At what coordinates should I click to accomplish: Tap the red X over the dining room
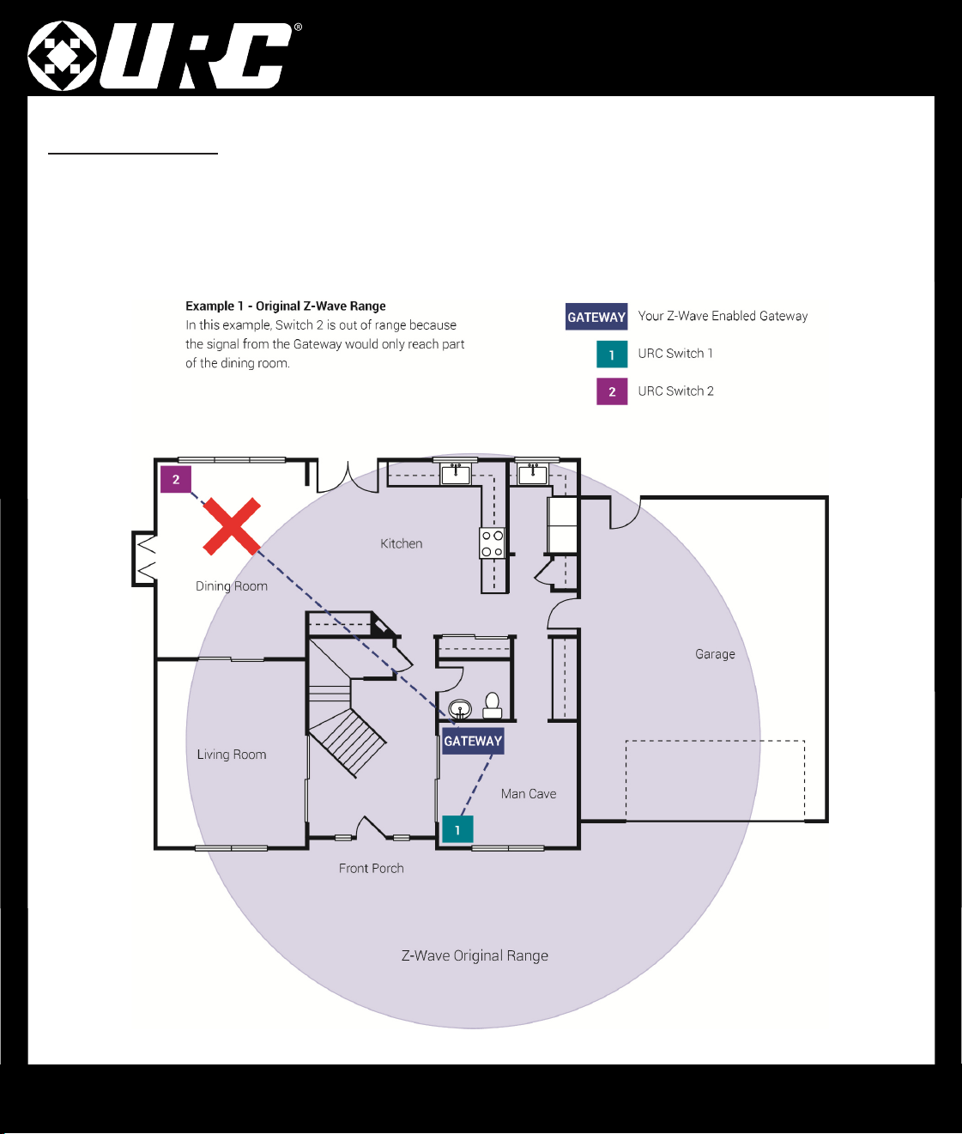click(x=232, y=527)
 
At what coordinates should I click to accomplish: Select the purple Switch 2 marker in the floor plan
click(x=176, y=480)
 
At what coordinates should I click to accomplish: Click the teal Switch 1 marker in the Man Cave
click(x=457, y=829)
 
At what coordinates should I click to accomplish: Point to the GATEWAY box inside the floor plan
click(x=473, y=741)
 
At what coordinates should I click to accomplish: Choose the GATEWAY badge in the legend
click(x=596, y=317)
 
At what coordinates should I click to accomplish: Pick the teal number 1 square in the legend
click(x=612, y=355)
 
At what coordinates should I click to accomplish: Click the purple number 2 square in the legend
click(x=612, y=391)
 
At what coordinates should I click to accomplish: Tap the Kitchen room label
click(x=402, y=543)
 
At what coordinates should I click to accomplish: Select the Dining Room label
click(x=232, y=586)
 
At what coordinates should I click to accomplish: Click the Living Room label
click(x=232, y=755)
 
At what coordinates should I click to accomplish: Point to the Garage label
click(x=715, y=654)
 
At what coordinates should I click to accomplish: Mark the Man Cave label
click(x=529, y=794)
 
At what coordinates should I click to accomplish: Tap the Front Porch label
click(x=372, y=868)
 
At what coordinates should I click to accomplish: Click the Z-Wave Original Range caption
click(x=475, y=955)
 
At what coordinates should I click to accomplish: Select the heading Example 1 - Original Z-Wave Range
click(x=286, y=306)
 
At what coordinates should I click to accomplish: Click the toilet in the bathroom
click(x=492, y=705)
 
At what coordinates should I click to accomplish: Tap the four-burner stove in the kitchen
click(x=492, y=543)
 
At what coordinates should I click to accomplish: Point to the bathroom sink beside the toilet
click(x=460, y=709)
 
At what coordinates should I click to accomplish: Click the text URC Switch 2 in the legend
click(x=675, y=391)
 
